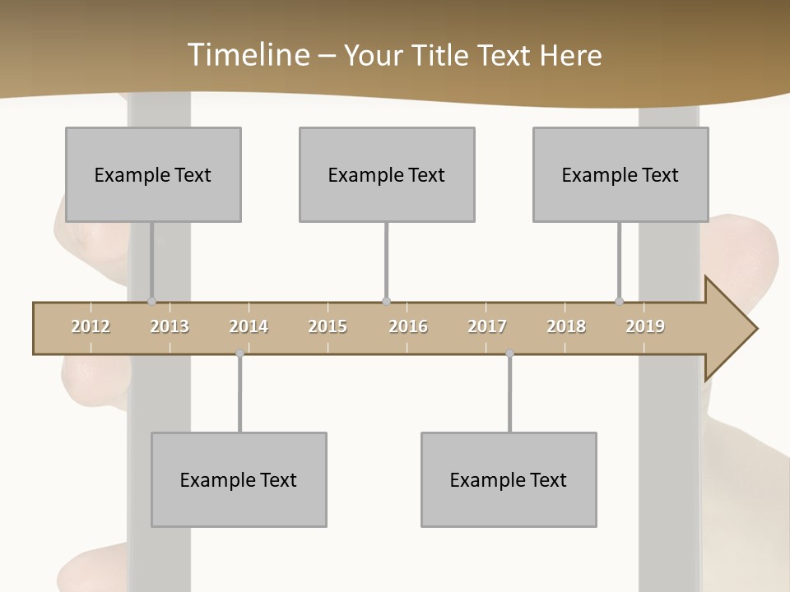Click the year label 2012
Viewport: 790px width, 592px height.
tap(91, 326)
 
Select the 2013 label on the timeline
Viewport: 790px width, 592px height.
tap(170, 326)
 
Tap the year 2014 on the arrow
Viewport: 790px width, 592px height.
tap(249, 326)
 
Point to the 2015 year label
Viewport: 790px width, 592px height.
tap(328, 326)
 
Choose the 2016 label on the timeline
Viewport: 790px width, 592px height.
tap(408, 326)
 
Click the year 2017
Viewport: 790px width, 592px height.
tap(487, 326)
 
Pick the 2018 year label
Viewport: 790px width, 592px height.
tap(566, 326)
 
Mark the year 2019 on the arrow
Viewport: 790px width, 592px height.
tap(645, 326)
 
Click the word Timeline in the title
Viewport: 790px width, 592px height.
tap(247, 55)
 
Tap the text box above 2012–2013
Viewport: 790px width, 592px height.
tap(153, 174)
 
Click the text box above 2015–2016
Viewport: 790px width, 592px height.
tap(387, 174)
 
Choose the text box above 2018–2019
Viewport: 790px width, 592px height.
tap(620, 174)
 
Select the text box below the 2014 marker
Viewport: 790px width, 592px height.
tap(239, 479)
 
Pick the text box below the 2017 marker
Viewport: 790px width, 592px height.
tap(509, 479)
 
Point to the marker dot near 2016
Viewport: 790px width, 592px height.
tap(387, 302)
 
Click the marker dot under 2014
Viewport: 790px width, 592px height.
tap(239, 354)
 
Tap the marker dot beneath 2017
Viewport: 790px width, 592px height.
tap(509, 354)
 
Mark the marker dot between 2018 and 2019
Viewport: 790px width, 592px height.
tap(620, 302)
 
